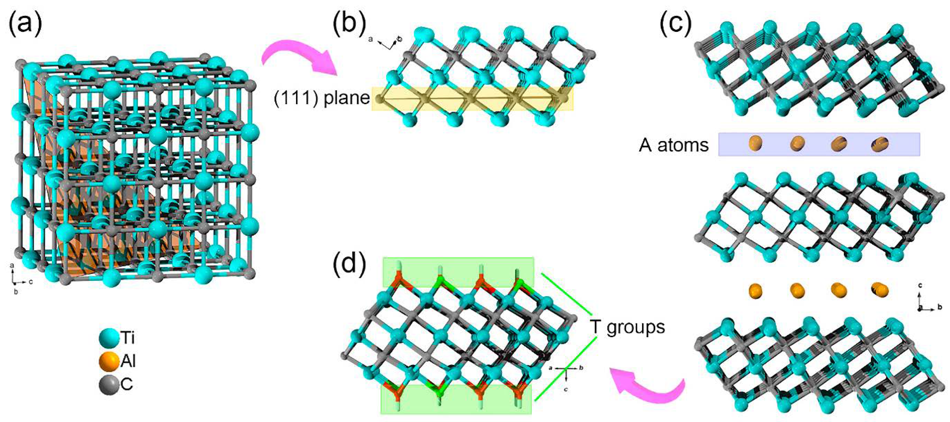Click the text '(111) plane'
tap(322, 98)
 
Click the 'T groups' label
tap(627, 327)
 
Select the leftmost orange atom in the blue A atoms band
tap(755, 143)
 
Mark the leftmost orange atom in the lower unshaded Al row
tap(755, 291)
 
